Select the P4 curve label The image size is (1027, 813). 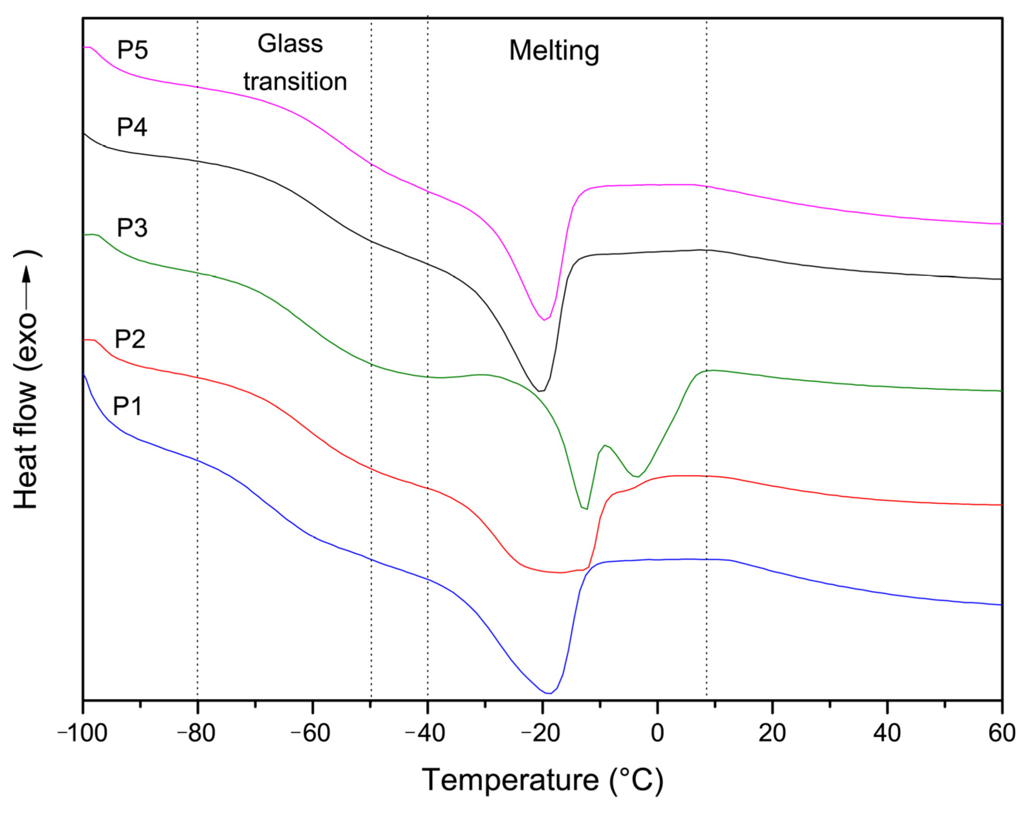[x=132, y=128]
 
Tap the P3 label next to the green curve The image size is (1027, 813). [x=132, y=228]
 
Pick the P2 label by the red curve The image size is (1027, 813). [x=129, y=339]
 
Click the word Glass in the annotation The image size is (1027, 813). [x=290, y=44]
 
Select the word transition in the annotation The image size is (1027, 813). [x=295, y=82]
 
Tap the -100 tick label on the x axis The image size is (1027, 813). [x=82, y=733]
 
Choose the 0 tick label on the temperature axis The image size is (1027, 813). [x=657, y=733]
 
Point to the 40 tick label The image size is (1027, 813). [x=887, y=733]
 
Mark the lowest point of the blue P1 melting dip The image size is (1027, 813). [x=548, y=693]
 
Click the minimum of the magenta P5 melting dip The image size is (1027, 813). [x=544, y=320]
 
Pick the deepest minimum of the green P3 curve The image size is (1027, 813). [x=585, y=509]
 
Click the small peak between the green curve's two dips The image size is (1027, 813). [x=604, y=445]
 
